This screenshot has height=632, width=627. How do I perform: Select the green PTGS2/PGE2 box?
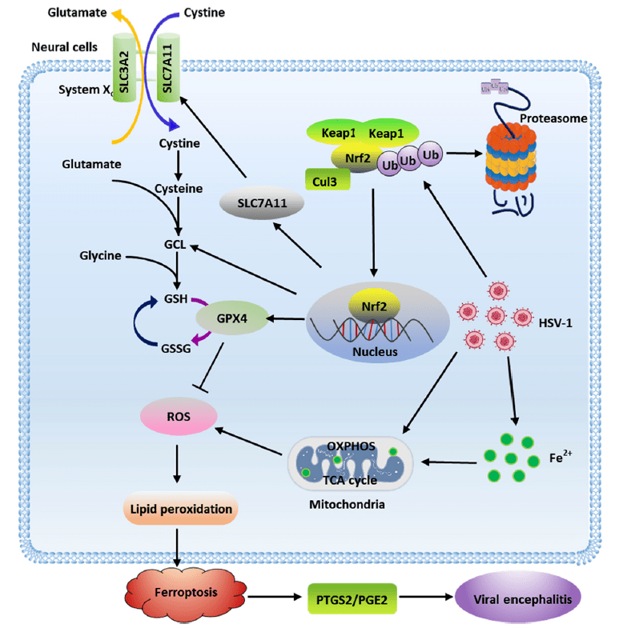[x=352, y=598]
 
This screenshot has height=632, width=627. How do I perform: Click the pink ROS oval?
[x=178, y=416]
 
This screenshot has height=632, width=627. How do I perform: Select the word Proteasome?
[x=553, y=118]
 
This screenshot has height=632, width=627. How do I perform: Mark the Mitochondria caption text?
[x=347, y=505]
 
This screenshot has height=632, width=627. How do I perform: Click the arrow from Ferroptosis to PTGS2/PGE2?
[x=264, y=598]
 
